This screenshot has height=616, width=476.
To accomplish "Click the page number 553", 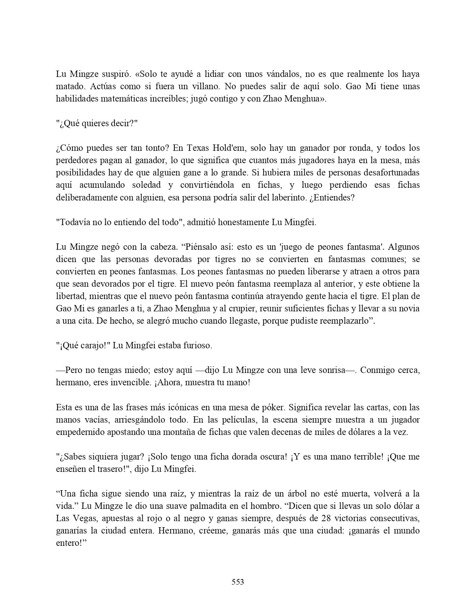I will pos(238,582).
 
